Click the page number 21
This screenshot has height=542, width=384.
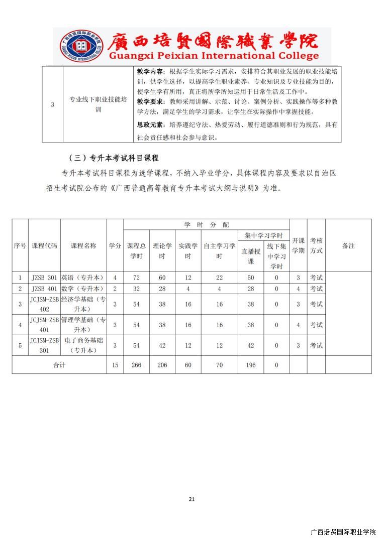[x=191, y=499]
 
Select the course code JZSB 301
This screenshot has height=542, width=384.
[x=44, y=278]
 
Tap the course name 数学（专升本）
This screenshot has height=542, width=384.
[x=83, y=289]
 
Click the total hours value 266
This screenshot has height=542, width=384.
[x=136, y=365]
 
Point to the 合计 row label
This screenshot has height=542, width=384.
[x=59, y=365]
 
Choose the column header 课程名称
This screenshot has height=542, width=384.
[x=83, y=245]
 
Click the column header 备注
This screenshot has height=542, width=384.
[x=348, y=245]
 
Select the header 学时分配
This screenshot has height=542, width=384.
[x=206, y=224]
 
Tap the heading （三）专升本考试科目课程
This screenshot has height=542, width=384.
[x=114, y=158]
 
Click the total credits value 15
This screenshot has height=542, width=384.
[x=115, y=365]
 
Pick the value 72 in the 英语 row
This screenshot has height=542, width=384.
[x=136, y=278]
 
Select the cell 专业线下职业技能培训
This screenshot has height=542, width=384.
[x=98, y=104]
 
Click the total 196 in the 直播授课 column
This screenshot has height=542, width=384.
[x=250, y=365]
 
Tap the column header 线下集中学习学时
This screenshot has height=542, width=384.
[x=276, y=256]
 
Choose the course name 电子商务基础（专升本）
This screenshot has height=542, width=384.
[x=83, y=345]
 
